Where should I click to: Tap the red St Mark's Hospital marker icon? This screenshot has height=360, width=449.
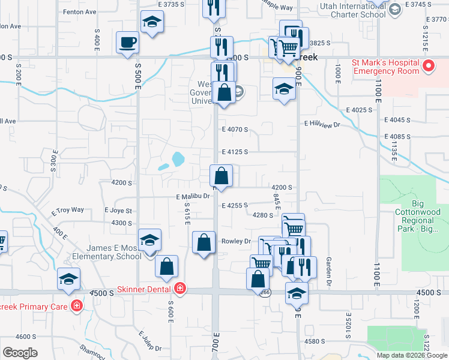tap(429, 66)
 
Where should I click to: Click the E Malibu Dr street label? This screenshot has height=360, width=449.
tap(193, 196)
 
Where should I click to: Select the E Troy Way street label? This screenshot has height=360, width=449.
tap(68, 211)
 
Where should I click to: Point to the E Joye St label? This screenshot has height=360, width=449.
tap(118, 211)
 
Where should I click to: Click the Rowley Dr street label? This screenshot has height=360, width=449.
tap(236, 241)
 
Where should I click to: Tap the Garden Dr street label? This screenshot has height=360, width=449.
tap(329, 271)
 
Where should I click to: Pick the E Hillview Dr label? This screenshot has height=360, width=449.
tap(322, 124)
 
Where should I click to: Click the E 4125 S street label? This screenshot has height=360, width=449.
tap(235, 152)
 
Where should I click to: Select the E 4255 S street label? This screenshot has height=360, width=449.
tap(235, 205)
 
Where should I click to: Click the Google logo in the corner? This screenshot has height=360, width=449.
tap(20, 353)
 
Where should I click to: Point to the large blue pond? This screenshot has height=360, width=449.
tap(178, 159)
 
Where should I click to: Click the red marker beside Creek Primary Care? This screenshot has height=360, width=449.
tap(77, 306)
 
